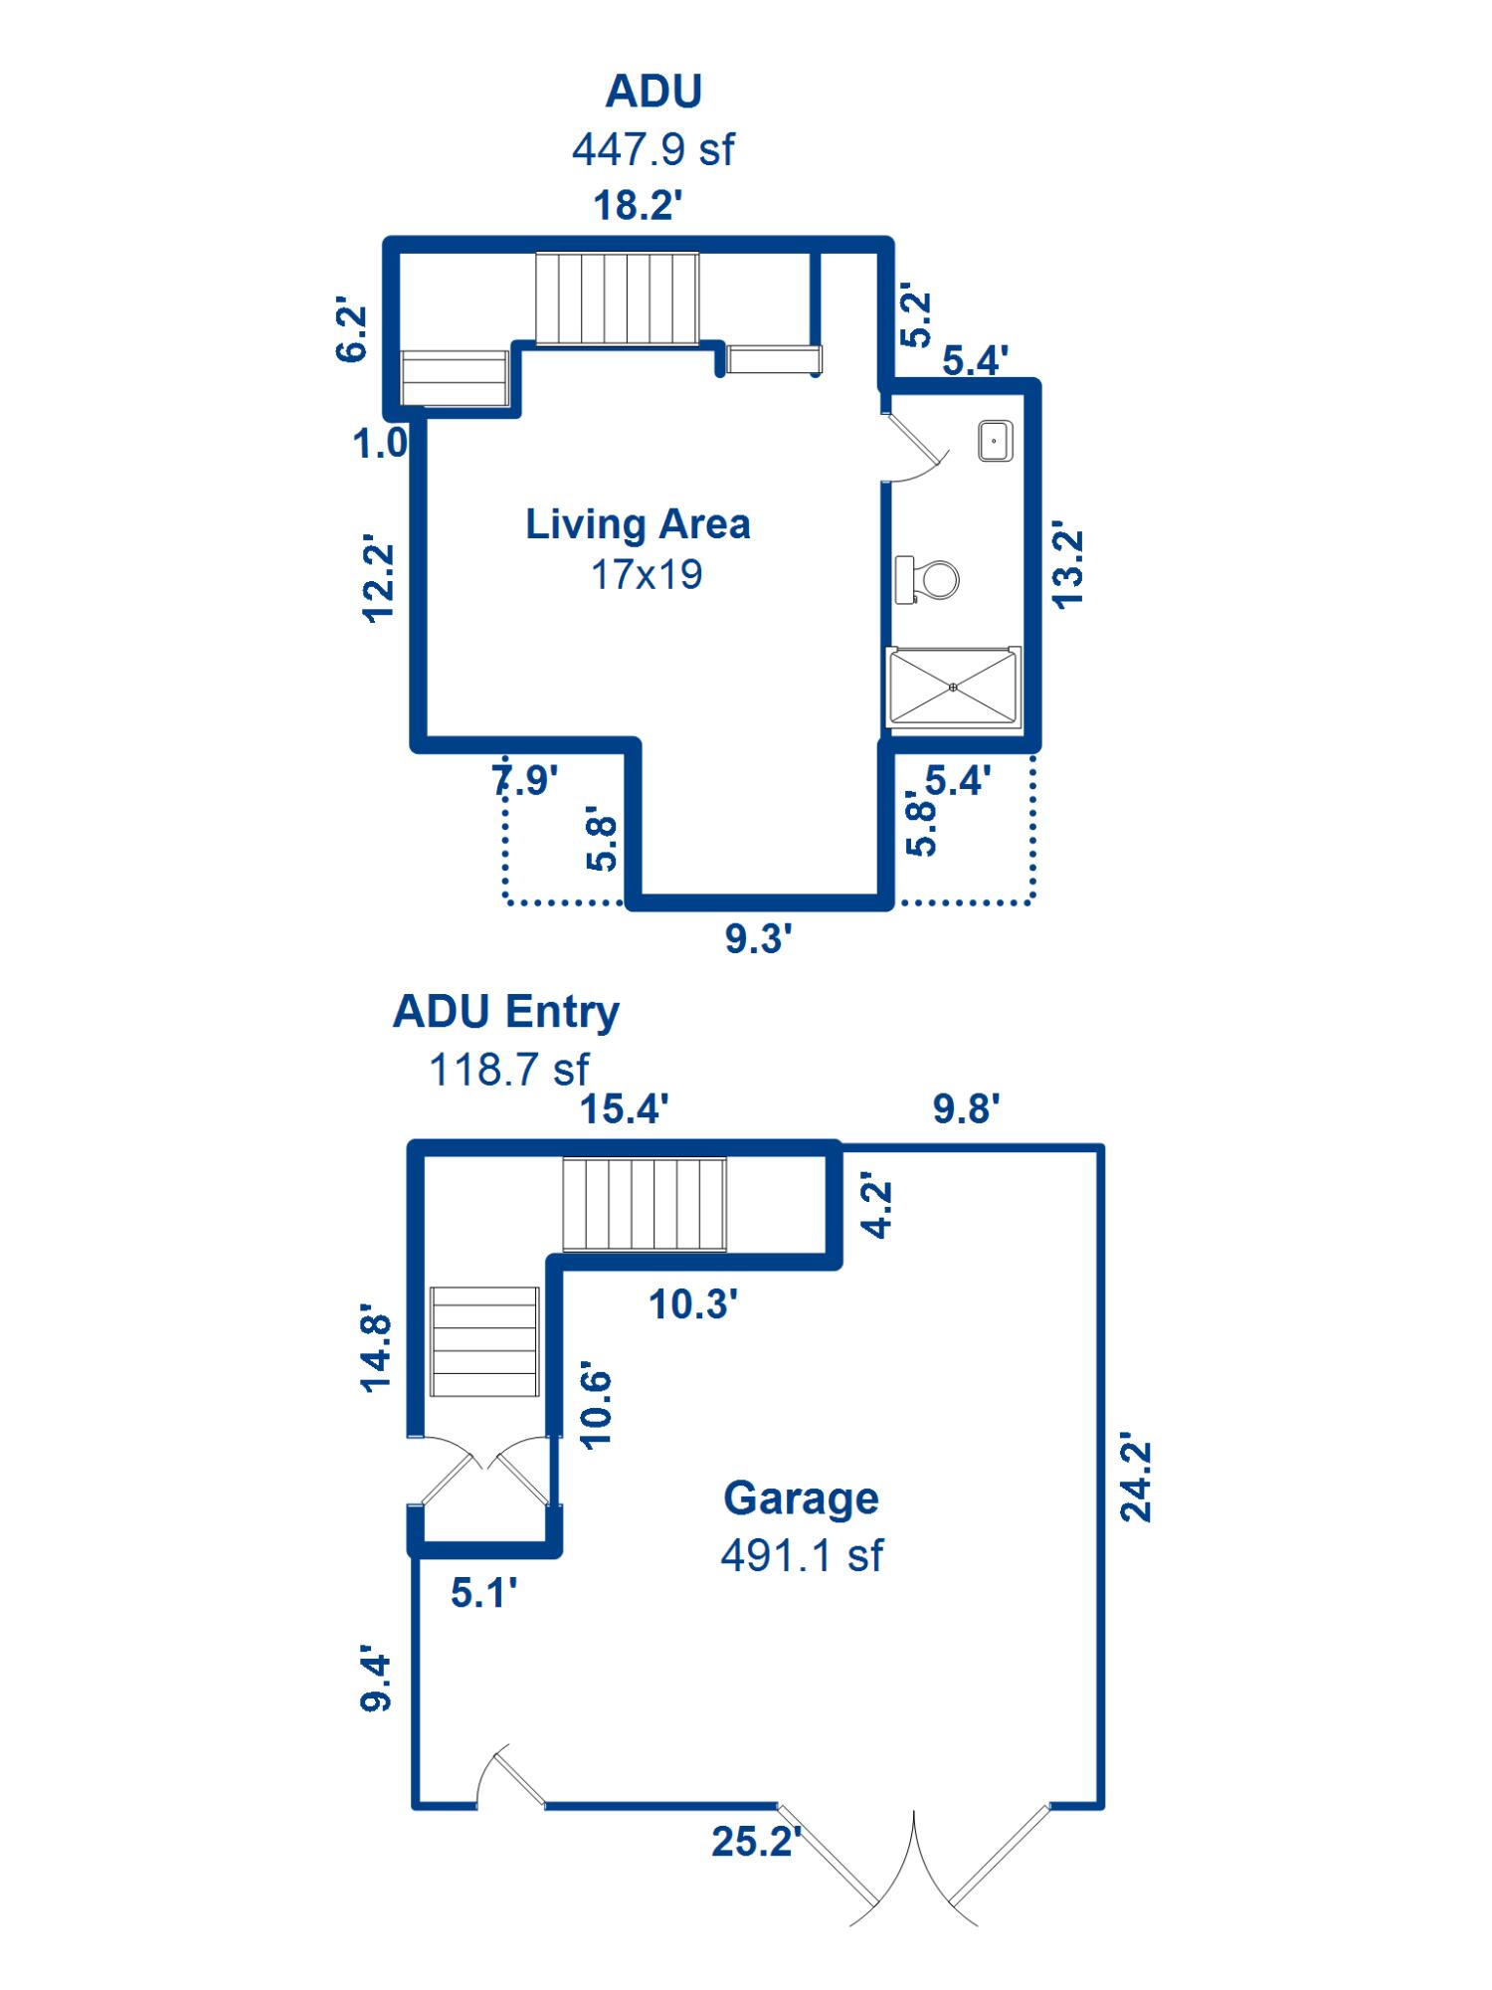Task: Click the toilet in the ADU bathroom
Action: [x=927, y=579]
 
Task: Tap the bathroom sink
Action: [x=996, y=441]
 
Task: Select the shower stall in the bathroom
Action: [x=954, y=687]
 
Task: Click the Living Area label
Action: [x=638, y=524]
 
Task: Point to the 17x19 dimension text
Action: [x=647, y=575]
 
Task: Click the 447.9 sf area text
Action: [x=653, y=150]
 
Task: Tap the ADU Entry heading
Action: [x=506, y=1012]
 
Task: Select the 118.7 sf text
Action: [x=508, y=1071]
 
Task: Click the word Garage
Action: [x=801, y=1498]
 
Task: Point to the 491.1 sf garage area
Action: [x=802, y=1555]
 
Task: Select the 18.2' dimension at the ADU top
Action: [x=638, y=206]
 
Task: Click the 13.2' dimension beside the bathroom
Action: [x=1066, y=564]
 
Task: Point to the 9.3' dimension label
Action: [x=758, y=938]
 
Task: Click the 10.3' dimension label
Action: [x=693, y=1304]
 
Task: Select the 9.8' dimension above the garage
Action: [x=966, y=1108]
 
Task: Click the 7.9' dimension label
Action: [x=525, y=780]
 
